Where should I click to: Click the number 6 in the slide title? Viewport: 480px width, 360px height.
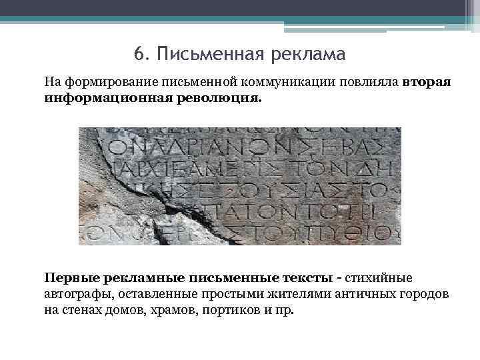coord(138,53)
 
